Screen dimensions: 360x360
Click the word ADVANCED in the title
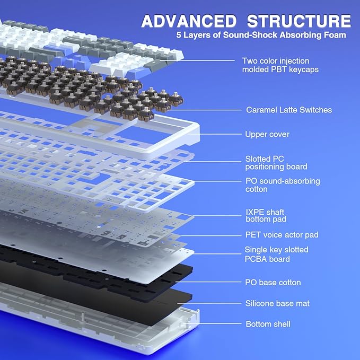pos(189,21)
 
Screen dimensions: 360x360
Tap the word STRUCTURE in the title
pos(299,21)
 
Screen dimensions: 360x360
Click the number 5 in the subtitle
pos(179,35)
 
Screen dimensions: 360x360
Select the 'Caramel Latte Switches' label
pos(289,110)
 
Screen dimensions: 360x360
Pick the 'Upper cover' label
pos(267,134)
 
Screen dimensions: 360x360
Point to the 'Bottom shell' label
pos(268,324)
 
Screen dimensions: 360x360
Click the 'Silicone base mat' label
pos(277,303)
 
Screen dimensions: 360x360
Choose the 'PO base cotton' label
pos(273,283)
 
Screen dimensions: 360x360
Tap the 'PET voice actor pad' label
pos(282,235)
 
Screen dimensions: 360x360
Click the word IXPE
pos(254,212)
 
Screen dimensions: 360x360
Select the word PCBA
pos(256,259)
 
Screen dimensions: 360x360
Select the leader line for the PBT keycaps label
pos(197,60)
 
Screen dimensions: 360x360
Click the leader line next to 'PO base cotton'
pos(208,282)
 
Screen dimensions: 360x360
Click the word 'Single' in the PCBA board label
pos(256,250)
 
